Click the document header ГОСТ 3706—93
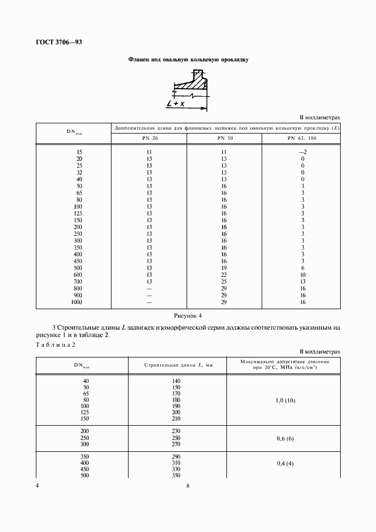(x=59, y=41)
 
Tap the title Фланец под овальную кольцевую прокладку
(x=188, y=59)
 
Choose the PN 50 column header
(x=224, y=139)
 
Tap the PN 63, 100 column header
(x=303, y=139)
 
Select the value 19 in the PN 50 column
(x=224, y=268)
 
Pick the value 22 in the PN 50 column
(x=224, y=275)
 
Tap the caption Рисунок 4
(x=188, y=315)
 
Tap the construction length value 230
(x=176, y=431)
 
